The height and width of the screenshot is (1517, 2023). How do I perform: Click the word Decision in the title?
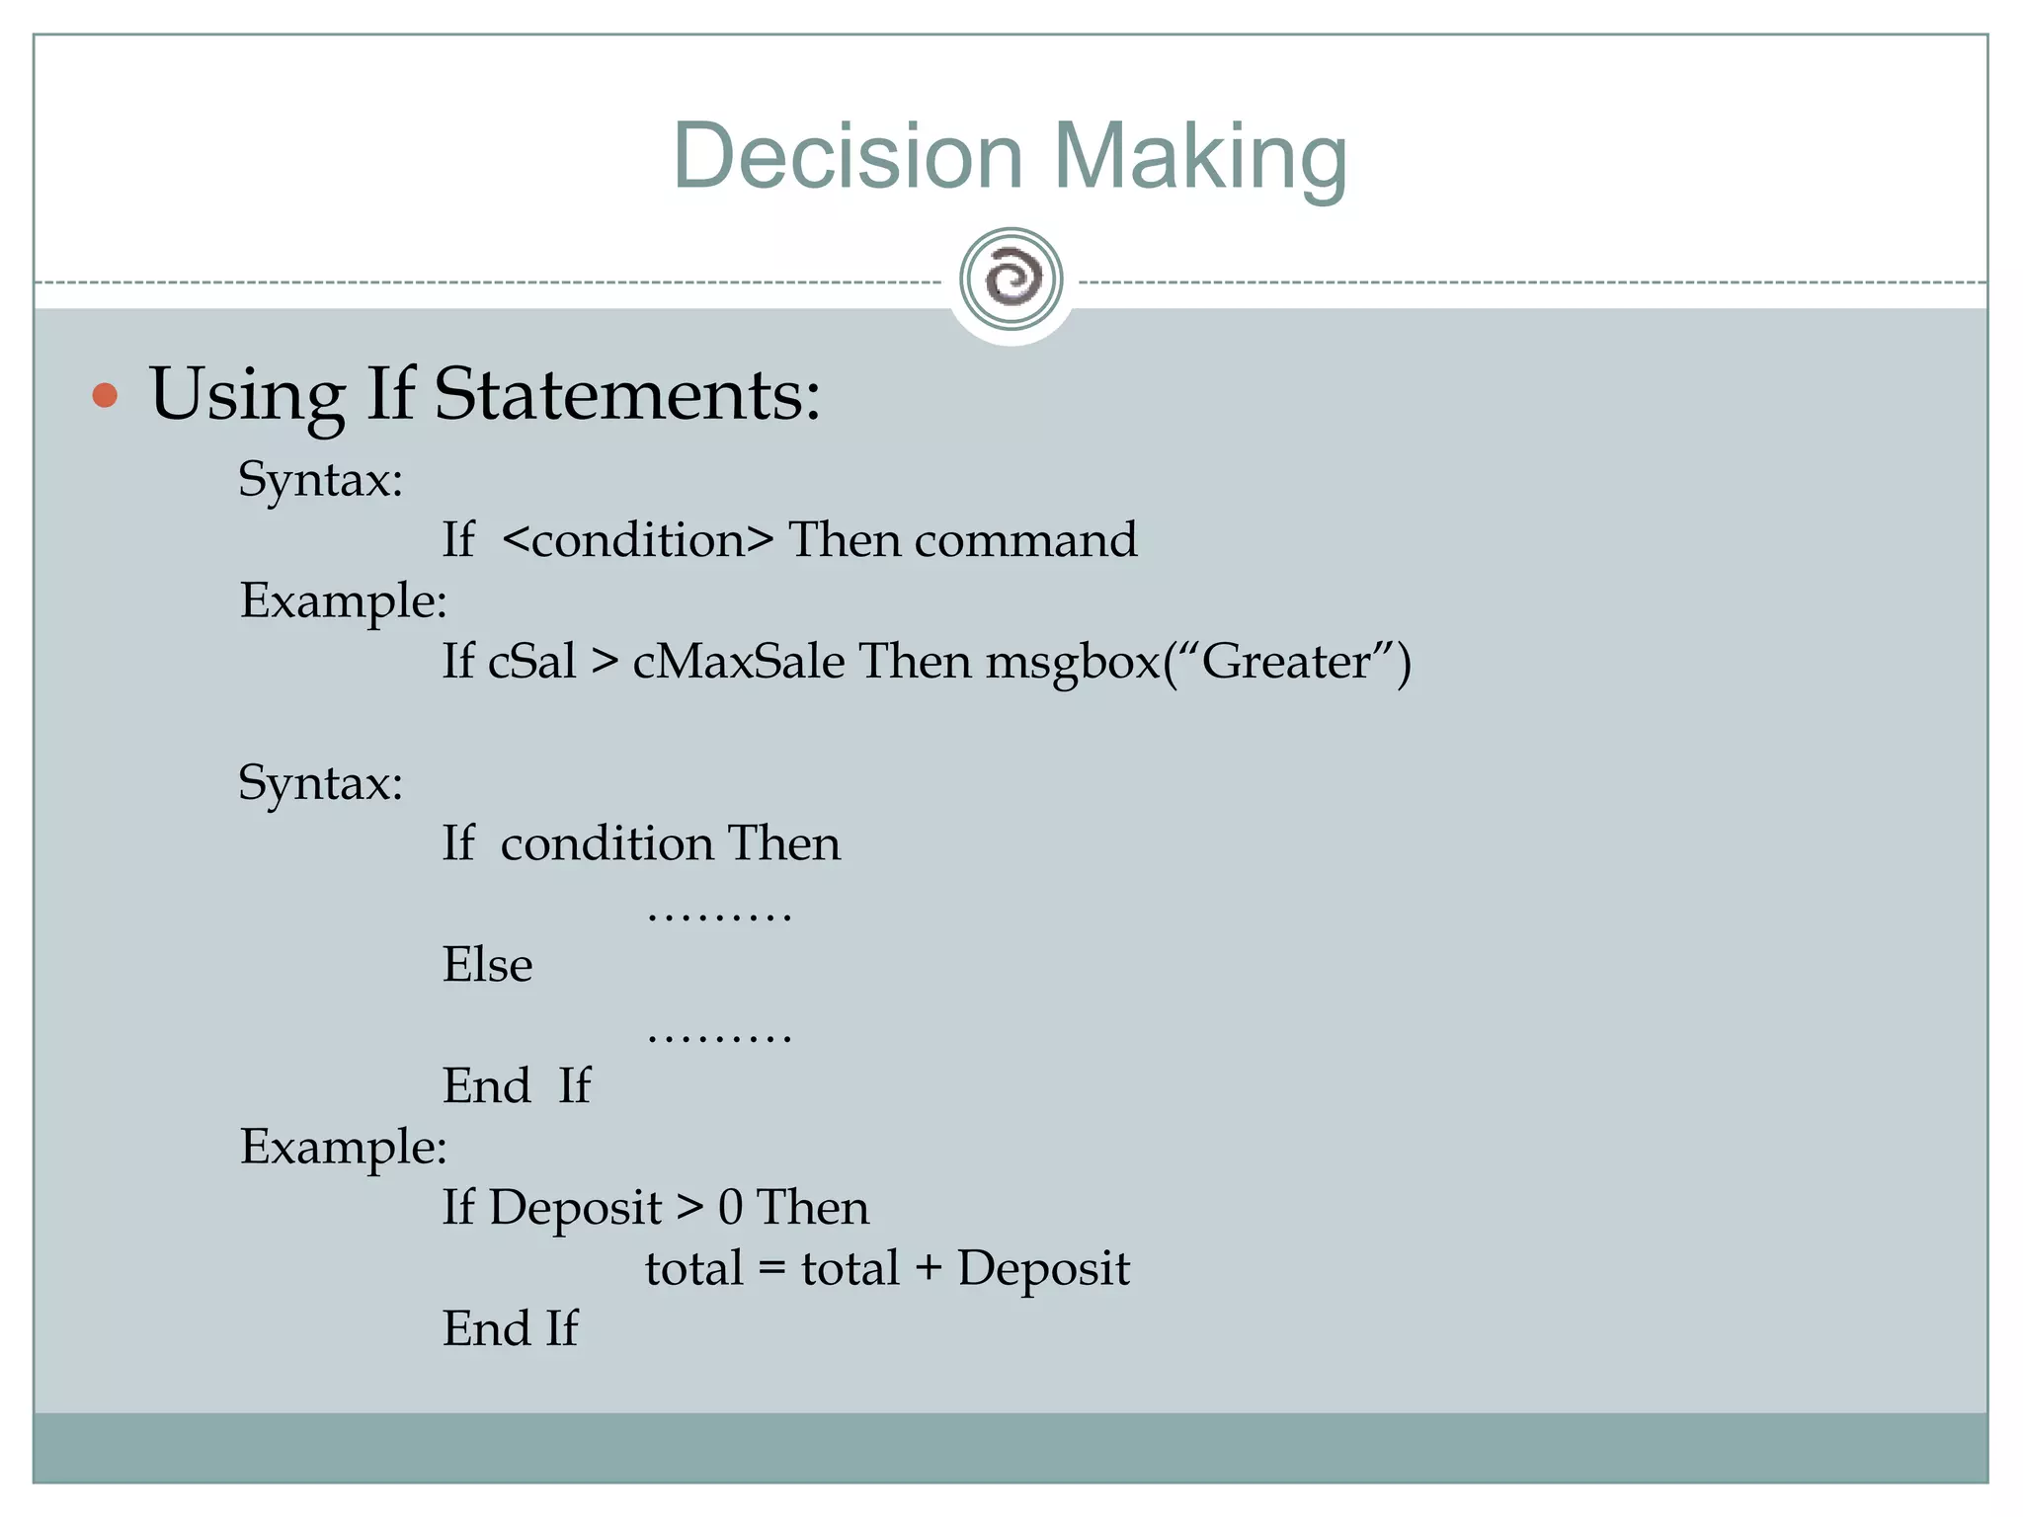point(848,156)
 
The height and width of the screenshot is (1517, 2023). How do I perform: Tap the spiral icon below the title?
point(1011,279)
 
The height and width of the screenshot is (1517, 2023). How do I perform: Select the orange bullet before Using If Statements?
point(105,396)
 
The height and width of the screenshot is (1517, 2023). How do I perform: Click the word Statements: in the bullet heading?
point(627,395)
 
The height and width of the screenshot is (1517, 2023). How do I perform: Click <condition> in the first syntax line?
point(637,540)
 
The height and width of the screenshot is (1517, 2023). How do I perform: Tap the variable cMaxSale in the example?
point(738,661)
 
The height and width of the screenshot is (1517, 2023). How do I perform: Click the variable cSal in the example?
point(531,661)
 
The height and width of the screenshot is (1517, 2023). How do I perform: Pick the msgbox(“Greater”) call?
point(1198,662)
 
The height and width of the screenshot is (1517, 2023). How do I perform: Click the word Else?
point(487,965)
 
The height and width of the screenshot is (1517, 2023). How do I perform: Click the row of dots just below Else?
point(719,1037)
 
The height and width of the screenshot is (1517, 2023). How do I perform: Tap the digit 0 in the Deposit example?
point(730,1208)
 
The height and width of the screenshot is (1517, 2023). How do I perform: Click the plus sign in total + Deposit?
point(928,1268)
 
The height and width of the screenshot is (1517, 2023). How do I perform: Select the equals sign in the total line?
point(771,1269)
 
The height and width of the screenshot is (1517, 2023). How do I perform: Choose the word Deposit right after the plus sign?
point(1043,1269)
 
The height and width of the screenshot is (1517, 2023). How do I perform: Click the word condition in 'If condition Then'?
point(607,844)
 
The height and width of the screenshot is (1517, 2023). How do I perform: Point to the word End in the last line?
point(486,1328)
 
